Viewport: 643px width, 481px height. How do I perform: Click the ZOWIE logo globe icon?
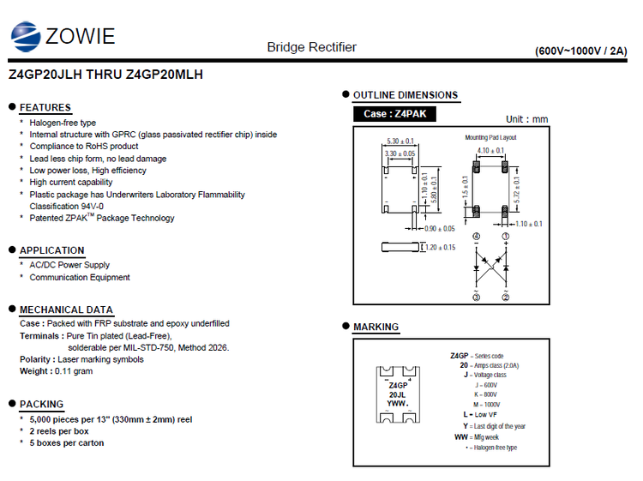tap(26, 35)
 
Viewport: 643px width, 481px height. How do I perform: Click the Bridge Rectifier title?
tap(311, 47)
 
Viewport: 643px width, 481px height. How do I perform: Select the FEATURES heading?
tap(45, 107)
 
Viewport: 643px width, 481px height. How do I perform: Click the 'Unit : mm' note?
tap(526, 119)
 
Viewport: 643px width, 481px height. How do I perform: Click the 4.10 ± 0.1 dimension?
tap(491, 150)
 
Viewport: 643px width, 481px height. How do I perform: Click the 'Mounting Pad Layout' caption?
tap(490, 137)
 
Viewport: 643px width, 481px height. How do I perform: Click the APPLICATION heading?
tap(52, 250)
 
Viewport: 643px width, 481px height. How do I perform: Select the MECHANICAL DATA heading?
tap(66, 310)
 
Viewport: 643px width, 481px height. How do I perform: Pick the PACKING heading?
tap(42, 404)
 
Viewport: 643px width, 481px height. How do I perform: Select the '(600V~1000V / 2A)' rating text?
tap(581, 51)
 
